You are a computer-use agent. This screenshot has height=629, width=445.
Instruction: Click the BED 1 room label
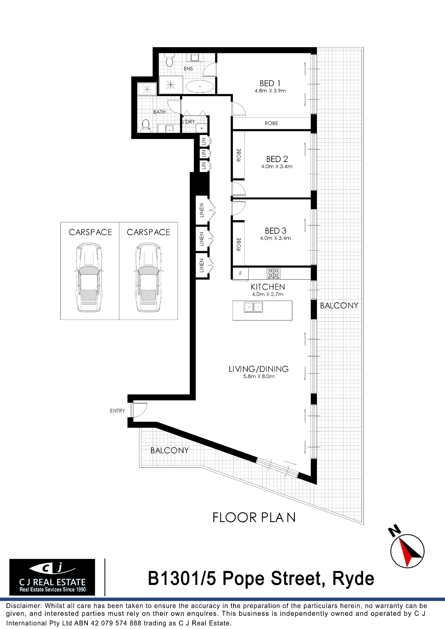[270, 83]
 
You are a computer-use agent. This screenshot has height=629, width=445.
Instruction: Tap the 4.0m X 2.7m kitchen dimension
[268, 294]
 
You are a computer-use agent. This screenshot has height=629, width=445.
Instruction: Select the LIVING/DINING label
[259, 369]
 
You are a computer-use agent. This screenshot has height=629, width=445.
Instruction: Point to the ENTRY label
[117, 411]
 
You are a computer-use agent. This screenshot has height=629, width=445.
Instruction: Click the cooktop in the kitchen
[273, 273]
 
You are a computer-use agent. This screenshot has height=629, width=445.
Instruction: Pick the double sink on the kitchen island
[253, 307]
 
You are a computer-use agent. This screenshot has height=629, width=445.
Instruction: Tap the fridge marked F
[240, 274]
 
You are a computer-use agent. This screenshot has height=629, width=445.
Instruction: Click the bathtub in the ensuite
[200, 86]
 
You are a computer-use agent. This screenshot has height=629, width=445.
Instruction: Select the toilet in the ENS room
[170, 60]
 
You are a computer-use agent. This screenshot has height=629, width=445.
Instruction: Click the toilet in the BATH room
[145, 126]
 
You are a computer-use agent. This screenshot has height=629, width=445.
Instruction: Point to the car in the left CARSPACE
[89, 277]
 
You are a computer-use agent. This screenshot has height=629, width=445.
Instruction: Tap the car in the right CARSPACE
[148, 277]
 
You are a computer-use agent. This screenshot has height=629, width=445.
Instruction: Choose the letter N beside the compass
[394, 531]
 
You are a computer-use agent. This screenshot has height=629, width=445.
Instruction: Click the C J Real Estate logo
[52, 577]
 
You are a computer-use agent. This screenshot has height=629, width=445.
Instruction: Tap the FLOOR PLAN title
[254, 518]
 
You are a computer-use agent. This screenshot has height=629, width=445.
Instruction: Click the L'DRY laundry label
[189, 122]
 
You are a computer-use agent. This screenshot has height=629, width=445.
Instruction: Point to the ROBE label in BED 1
[271, 123]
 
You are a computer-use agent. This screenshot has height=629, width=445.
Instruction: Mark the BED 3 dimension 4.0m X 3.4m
[275, 238]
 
